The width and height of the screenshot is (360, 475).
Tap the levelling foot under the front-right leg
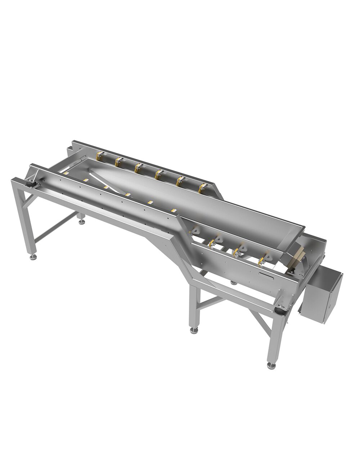click(x=270, y=366)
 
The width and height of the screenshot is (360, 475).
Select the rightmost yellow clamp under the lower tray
click(x=267, y=258)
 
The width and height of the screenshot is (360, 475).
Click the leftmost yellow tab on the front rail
click(x=66, y=173)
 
